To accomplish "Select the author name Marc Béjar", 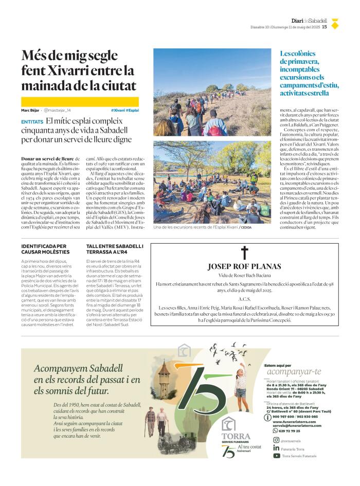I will tap(30, 110).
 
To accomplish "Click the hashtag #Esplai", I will tap(132, 110).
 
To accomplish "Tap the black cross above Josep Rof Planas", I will tap(244, 253).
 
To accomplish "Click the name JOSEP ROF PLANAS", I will tap(244, 266).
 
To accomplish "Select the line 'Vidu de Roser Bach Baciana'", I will tap(244, 276).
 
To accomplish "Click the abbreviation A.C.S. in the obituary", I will tap(244, 299).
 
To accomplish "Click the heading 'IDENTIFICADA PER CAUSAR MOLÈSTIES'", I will tap(45, 249).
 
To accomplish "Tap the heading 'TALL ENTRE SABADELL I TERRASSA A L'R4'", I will tap(115, 249).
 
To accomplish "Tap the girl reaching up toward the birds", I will tap(241, 383).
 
